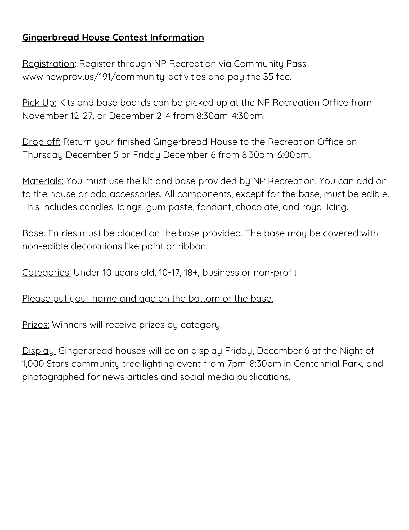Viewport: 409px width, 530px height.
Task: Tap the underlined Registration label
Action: click(48, 64)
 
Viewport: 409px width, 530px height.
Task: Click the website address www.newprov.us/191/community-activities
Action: click(114, 77)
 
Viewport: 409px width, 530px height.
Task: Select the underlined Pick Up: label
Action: click(39, 103)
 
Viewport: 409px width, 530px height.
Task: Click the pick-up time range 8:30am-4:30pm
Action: click(230, 116)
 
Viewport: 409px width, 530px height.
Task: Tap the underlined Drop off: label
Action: click(41, 142)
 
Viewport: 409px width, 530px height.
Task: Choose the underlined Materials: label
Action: click(43, 181)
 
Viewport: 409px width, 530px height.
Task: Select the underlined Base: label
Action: click(34, 233)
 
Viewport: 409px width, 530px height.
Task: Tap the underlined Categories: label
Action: click(46, 273)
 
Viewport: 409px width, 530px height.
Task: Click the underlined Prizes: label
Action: click(36, 325)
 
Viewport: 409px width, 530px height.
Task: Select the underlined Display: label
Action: click(39, 351)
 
